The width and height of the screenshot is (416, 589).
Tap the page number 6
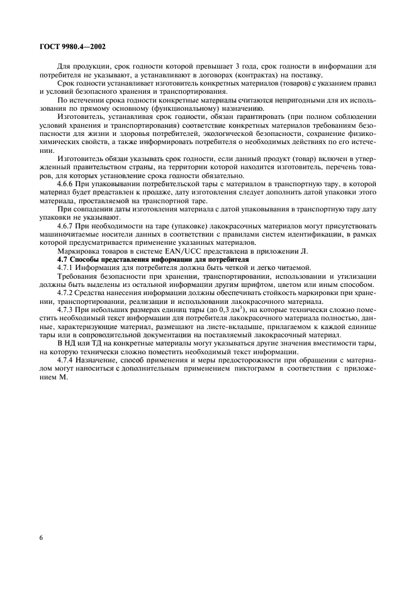coord(41,539)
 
